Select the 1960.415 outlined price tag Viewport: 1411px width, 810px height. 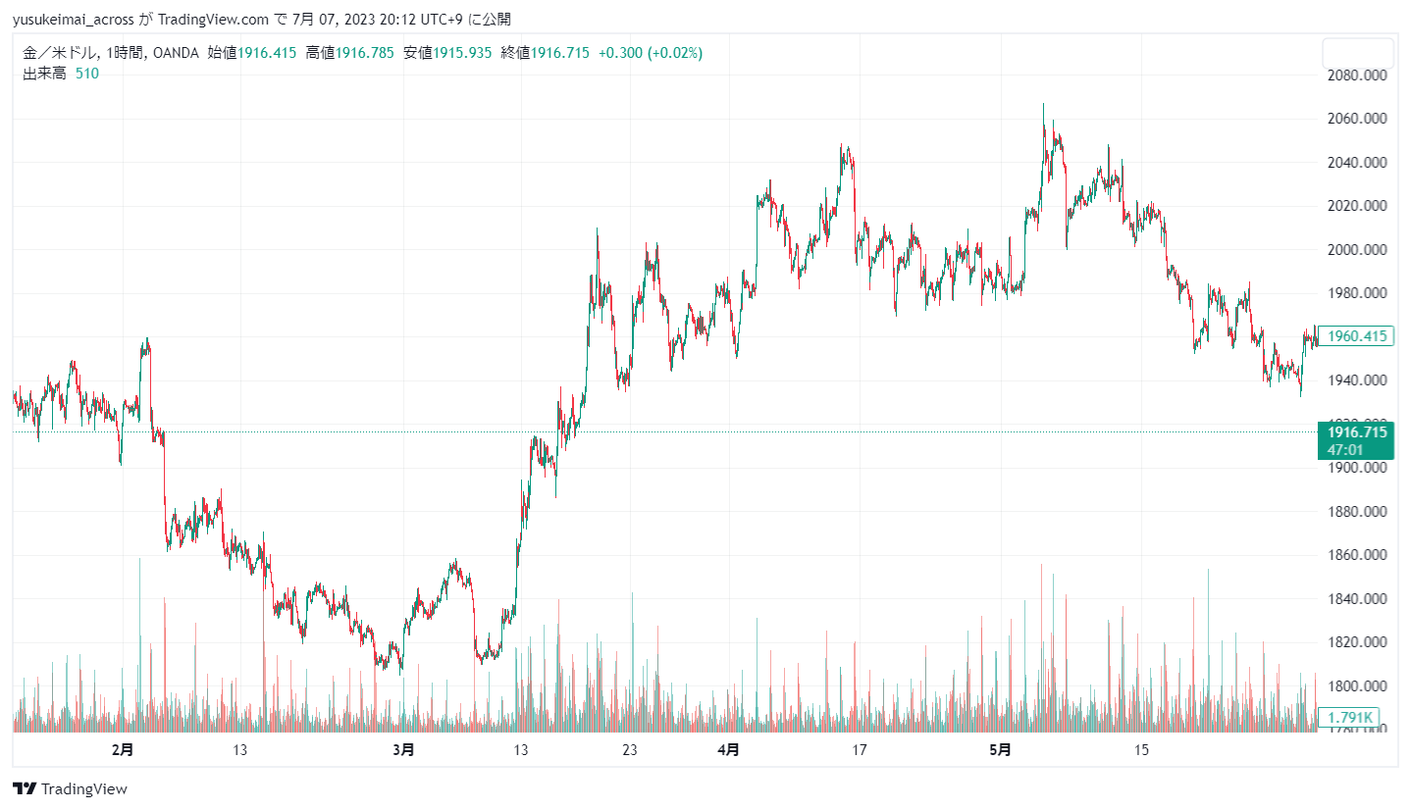(x=1357, y=336)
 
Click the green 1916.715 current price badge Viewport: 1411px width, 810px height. (x=1357, y=432)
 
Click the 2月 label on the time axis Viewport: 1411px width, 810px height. (x=123, y=750)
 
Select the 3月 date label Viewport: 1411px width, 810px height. (x=402, y=750)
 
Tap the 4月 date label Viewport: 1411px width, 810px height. (x=728, y=750)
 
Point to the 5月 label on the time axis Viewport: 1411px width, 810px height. (x=999, y=750)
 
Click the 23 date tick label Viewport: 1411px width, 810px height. (x=630, y=750)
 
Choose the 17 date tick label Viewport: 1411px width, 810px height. (x=860, y=750)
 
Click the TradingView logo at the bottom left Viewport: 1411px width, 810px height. (x=70, y=788)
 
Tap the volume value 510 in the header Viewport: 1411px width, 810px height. (x=87, y=73)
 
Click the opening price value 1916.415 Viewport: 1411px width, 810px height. (x=267, y=53)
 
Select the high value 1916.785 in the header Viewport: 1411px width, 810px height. (x=365, y=53)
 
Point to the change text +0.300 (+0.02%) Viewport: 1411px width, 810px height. (x=651, y=53)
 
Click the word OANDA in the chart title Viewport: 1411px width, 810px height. (x=176, y=53)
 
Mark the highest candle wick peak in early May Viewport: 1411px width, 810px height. (x=1043, y=105)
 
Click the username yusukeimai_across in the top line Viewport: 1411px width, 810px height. (x=74, y=19)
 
